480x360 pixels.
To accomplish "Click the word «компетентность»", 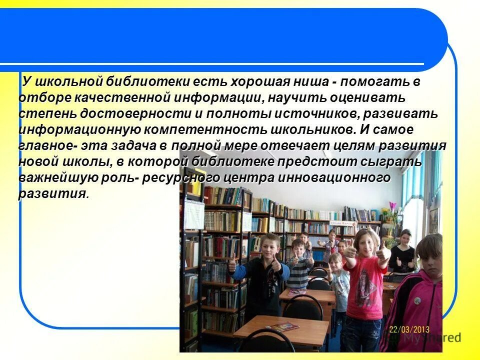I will (x=211, y=130).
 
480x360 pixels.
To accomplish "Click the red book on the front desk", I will (x=285, y=327).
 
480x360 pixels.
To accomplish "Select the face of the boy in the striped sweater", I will (x=299, y=248).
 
